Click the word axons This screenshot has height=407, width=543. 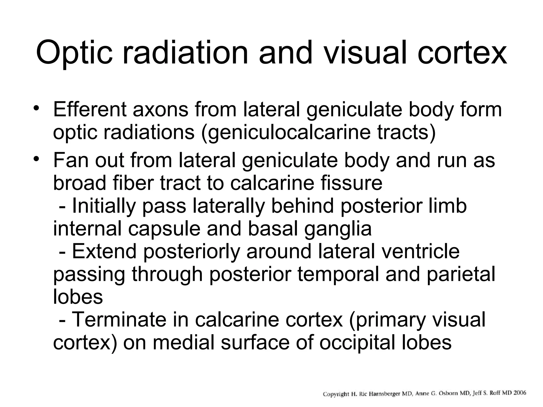point(160,109)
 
